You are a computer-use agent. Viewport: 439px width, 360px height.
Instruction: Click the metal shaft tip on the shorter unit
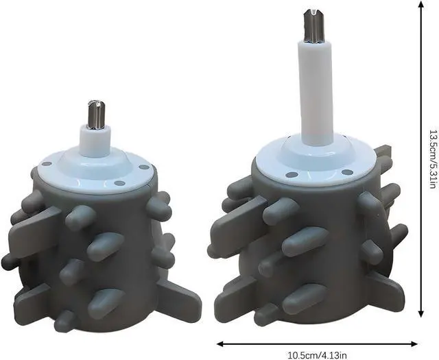click(96, 115)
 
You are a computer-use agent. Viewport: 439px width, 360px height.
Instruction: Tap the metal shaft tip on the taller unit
click(314, 27)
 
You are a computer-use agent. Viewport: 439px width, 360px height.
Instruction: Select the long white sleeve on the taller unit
click(316, 93)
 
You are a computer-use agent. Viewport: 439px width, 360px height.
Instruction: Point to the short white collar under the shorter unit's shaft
click(95, 141)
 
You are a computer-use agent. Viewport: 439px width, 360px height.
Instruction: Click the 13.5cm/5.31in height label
click(433, 158)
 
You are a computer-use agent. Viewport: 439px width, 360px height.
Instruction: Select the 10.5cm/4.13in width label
click(317, 356)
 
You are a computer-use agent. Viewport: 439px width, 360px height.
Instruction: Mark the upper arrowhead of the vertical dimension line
click(420, 4)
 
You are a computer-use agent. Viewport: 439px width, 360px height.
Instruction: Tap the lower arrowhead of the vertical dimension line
click(420, 313)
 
